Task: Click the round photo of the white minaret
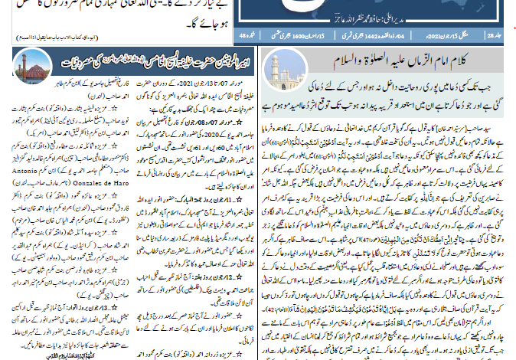coord(277,70)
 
